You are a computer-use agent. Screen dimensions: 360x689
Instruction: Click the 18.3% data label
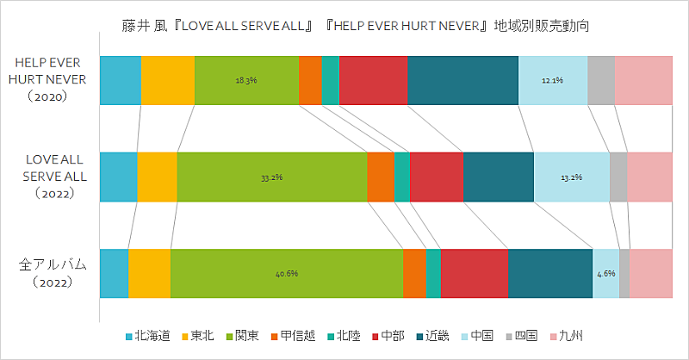[246, 80]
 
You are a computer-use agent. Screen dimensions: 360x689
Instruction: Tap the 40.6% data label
[287, 274]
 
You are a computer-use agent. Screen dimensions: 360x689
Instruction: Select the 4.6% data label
[606, 274]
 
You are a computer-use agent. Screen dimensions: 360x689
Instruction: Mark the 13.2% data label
[572, 177]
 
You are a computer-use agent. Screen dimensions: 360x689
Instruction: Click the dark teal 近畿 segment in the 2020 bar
[462, 80]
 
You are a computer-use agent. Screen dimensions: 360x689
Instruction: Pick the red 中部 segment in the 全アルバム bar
[474, 274]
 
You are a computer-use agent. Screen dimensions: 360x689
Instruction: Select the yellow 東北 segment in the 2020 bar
[167, 80]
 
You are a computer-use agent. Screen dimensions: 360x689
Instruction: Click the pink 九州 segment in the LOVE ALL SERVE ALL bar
[649, 177]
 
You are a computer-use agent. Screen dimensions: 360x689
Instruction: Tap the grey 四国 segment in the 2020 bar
[600, 80]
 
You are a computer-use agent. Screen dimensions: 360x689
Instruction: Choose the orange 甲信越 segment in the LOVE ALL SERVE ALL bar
[380, 177]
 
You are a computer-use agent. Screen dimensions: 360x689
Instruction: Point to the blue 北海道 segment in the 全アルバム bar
[114, 274]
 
